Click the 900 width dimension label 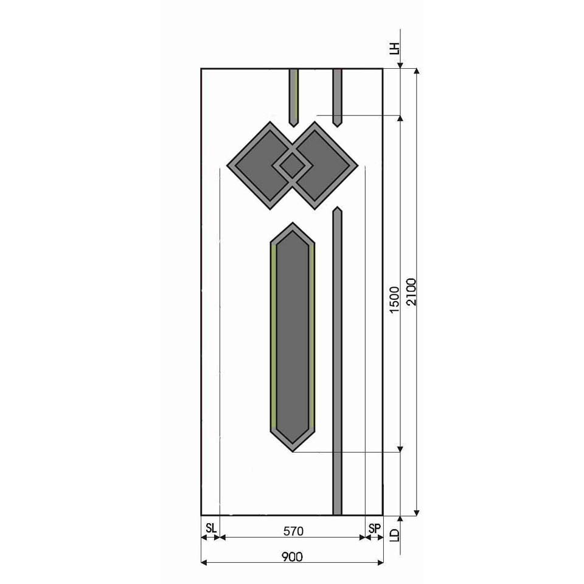[292, 557]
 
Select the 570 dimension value [293, 531]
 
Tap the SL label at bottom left [211, 528]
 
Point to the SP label [375, 528]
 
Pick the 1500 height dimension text [394, 300]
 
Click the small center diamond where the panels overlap [293, 165]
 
